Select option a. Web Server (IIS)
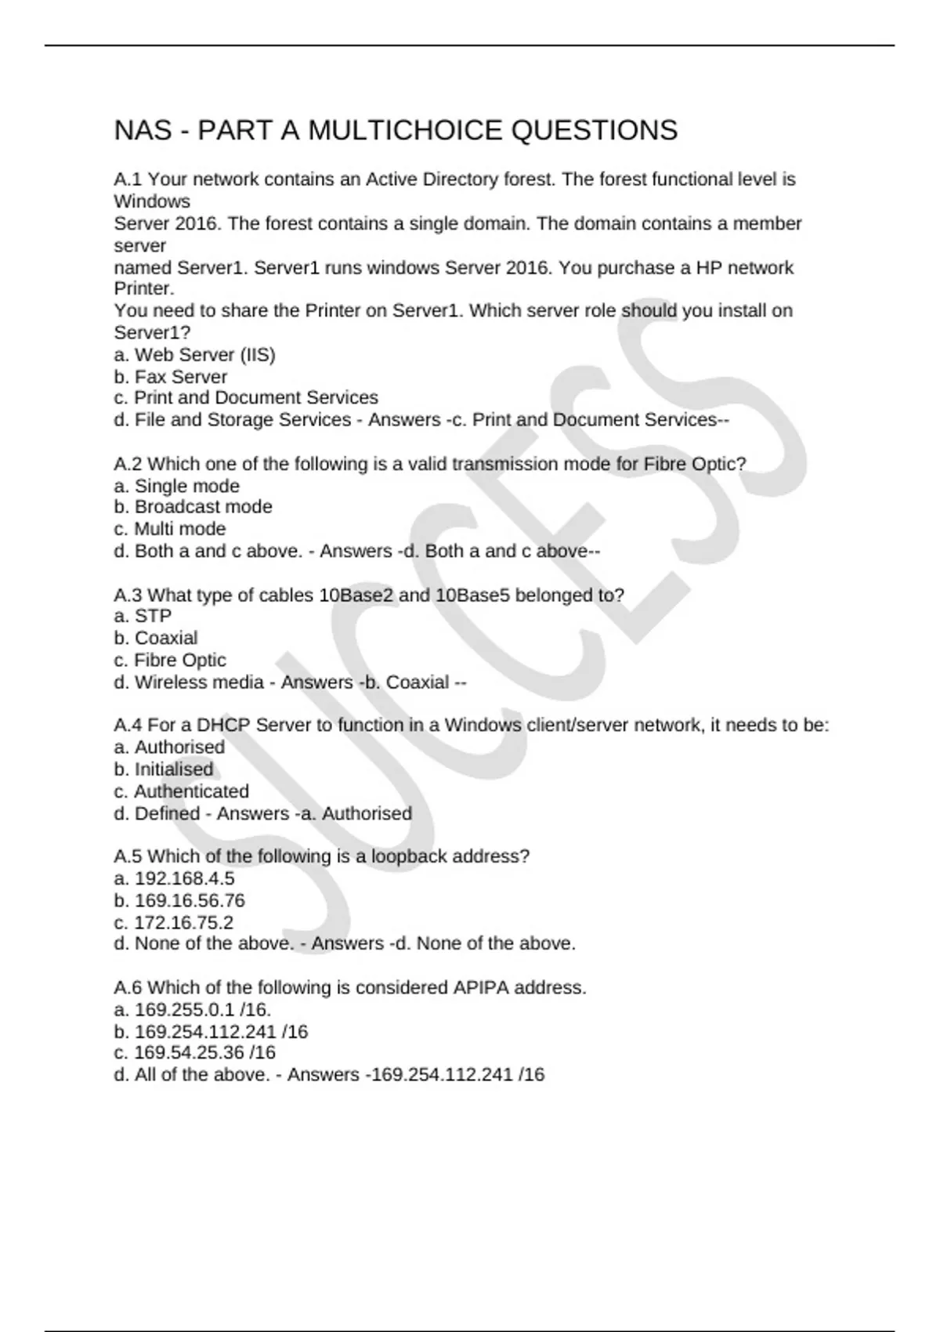pyautogui.click(x=194, y=355)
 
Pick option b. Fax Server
pyautogui.click(x=171, y=377)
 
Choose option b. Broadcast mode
pyautogui.click(x=193, y=507)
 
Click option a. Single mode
pyautogui.click(x=176, y=486)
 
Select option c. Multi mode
pyautogui.click(x=170, y=529)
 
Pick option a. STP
pyautogui.click(x=143, y=616)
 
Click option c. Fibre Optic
pyautogui.click(x=170, y=661)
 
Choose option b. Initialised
pyautogui.click(x=163, y=769)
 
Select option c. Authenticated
pyautogui.click(x=181, y=791)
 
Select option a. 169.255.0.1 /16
pyautogui.click(x=193, y=1009)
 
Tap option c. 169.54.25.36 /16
pyautogui.click(x=194, y=1052)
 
